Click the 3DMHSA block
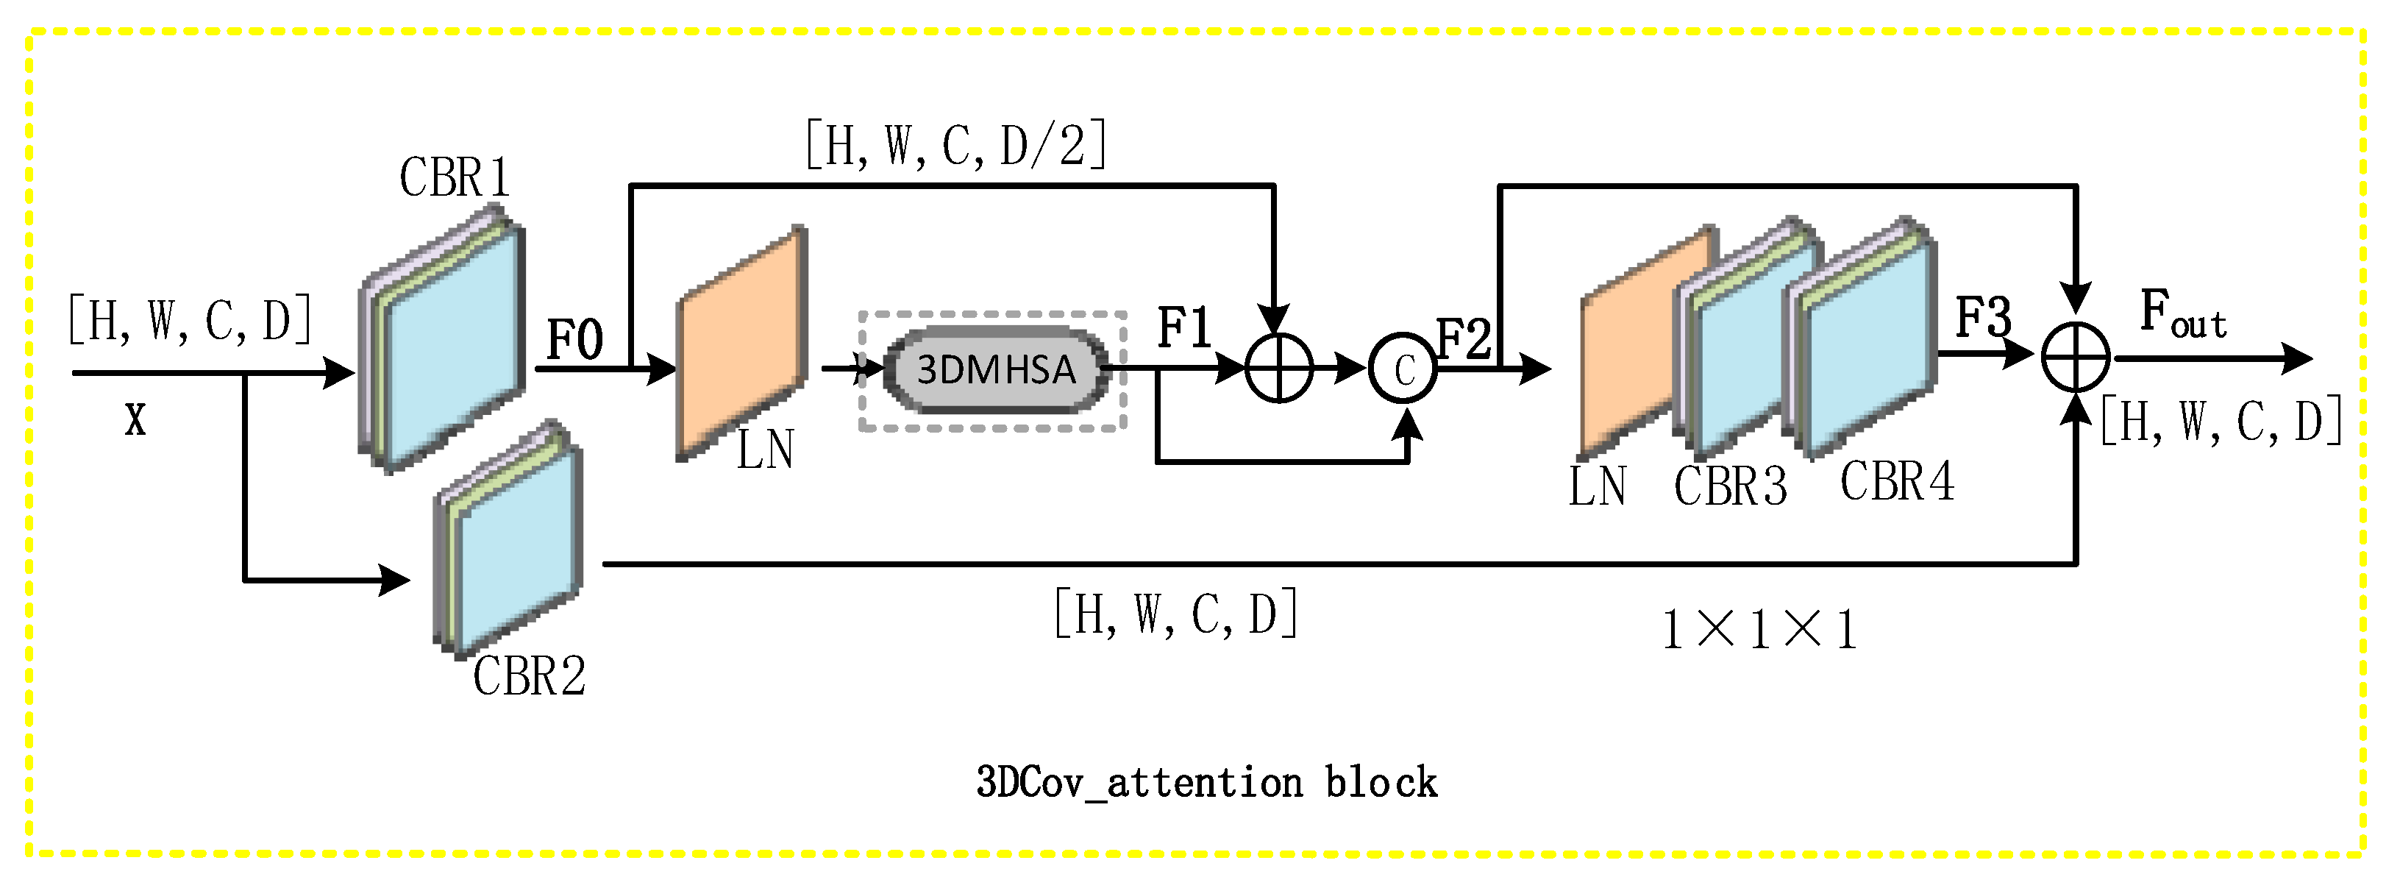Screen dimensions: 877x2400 pos(995,370)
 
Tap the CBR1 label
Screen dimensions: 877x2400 pos(455,177)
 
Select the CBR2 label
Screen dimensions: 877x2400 pos(529,675)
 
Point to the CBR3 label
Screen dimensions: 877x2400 pos(1730,486)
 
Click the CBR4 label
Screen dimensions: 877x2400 pos(1897,482)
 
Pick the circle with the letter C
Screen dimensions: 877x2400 pos(1403,370)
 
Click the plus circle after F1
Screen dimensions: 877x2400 pos(1279,368)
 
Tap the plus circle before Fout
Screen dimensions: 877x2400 pos(2076,358)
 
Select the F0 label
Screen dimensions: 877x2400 pos(574,339)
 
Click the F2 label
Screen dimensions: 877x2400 pos(1464,338)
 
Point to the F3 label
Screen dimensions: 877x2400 pos(1983,318)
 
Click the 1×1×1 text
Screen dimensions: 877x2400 pos(1759,630)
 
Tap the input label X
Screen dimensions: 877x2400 pos(136,420)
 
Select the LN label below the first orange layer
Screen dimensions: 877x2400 pos(765,450)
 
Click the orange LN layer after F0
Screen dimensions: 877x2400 pos(741,343)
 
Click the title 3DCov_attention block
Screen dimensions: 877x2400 pos(1206,781)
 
